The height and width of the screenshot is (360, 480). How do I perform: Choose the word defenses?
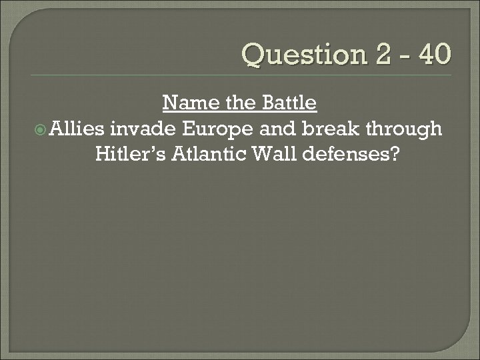tap(351, 154)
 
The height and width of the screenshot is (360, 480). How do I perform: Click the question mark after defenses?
tap(395, 154)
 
